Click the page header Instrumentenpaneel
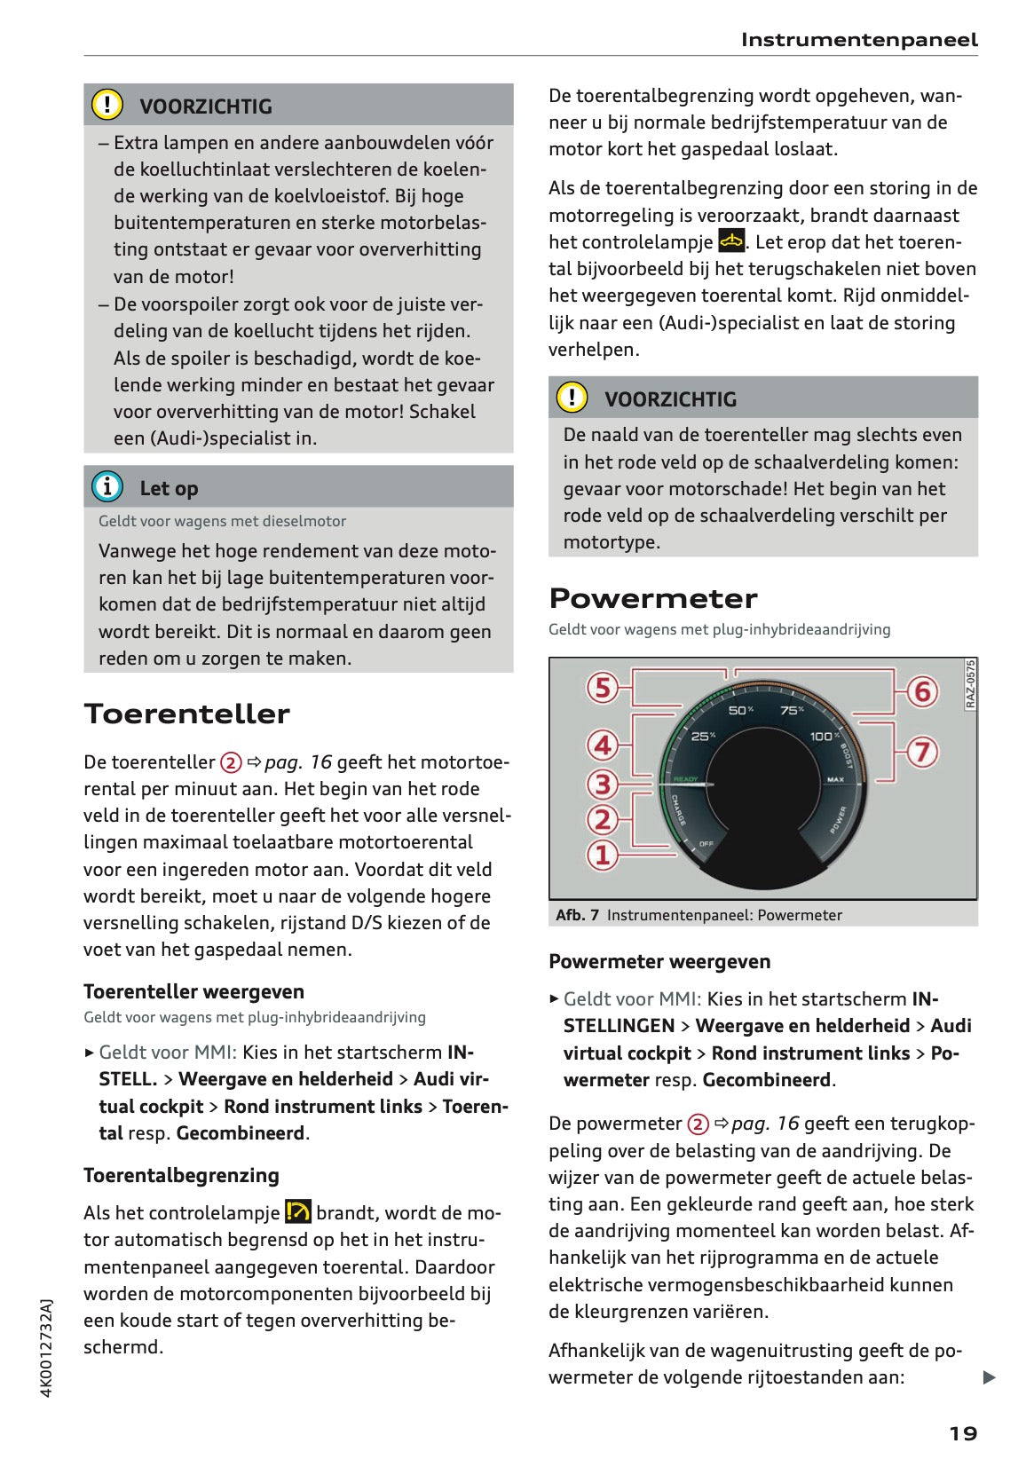tap(858, 40)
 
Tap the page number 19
tap(963, 1433)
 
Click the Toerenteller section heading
tap(186, 714)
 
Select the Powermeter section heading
tap(652, 598)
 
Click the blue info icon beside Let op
tap(107, 487)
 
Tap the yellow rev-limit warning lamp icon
tap(298, 1211)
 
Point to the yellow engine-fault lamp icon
tap(731, 241)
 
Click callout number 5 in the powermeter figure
tap(603, 688)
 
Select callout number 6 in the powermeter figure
tap(922, 691)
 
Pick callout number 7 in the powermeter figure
tap(922, 752)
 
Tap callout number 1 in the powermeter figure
tap(603, 855)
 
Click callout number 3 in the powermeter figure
tap(603, 784)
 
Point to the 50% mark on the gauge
tap(740, 710)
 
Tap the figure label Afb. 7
tap(577, 915)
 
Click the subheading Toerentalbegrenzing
tap(181, 1175)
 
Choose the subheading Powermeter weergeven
tap(659, 961)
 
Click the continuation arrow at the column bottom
tap(989, 1377)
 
